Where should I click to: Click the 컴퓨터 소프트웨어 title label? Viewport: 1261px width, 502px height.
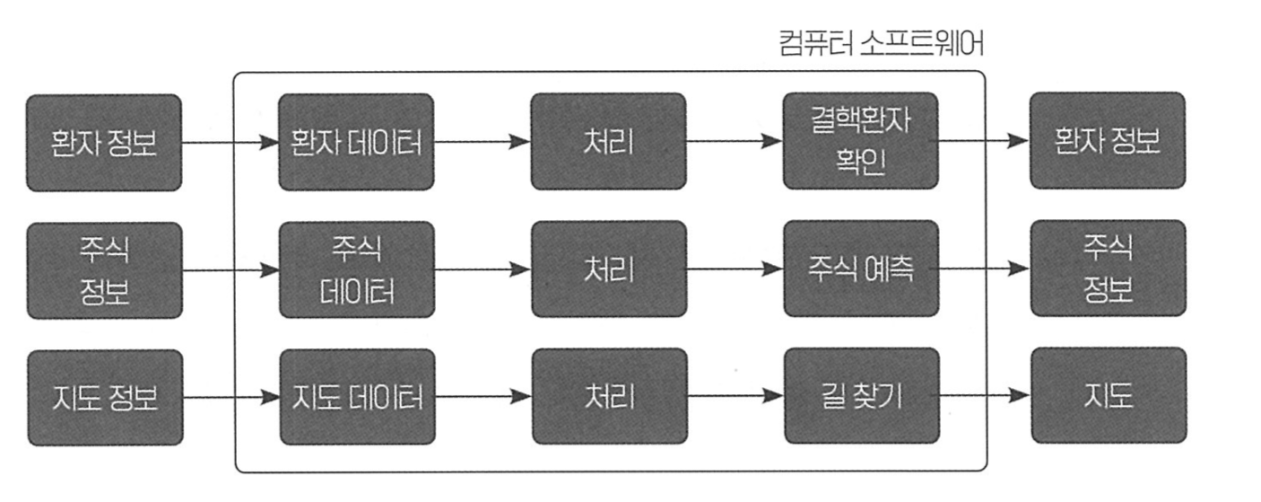[882, 43]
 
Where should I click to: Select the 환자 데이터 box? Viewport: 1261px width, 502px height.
[356, 142]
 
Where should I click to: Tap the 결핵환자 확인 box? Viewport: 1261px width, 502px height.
[861, 141]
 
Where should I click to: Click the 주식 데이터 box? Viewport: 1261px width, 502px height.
[357, 270]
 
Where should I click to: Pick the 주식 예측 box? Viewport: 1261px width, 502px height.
[861, 269]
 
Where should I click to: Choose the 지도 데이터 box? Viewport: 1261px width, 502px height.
[358, 397]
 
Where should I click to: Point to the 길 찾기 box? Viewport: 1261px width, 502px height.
[862, 395]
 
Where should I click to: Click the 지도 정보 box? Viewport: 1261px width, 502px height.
[105, 398]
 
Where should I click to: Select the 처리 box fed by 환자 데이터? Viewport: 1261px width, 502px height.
[609, 141]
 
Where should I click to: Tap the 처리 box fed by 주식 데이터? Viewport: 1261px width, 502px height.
[609, 269]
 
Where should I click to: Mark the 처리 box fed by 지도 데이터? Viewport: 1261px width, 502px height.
[610, 396]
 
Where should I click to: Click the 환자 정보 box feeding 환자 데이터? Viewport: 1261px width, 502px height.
[104, 143]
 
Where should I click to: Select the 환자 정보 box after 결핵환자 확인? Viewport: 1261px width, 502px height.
[1108, 140]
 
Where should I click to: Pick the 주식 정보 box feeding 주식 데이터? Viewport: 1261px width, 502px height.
[105, 270]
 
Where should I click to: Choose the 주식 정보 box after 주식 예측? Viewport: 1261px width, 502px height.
[1109, 269]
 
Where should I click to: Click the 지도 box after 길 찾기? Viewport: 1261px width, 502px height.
[1109, 395]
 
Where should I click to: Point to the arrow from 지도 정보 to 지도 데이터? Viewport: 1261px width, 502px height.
[231, 398]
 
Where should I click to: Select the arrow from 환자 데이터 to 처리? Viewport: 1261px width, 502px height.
[483, 142]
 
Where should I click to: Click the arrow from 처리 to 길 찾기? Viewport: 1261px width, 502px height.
[735, 396]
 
